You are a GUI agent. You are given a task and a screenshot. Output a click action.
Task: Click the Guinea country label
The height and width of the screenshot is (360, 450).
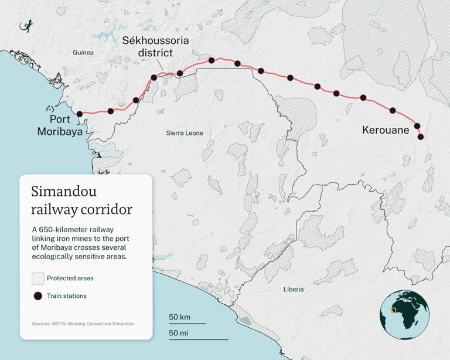83,53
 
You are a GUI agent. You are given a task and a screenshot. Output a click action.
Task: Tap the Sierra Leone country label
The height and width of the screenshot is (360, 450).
185,133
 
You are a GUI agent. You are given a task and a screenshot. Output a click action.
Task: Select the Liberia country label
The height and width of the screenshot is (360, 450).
294,289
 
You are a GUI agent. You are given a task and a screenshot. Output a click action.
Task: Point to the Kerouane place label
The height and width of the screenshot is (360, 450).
386,130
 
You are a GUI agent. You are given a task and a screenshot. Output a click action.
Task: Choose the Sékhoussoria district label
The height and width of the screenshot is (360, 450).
148,46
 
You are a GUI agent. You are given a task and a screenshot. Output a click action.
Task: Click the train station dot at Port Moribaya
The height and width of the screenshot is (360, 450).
80,114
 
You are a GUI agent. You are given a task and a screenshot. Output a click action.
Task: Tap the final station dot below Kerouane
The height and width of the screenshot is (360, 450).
421,137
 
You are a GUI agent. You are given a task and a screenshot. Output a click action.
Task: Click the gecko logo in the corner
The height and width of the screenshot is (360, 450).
26,26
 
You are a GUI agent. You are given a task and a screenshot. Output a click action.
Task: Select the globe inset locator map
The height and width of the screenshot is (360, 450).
404,314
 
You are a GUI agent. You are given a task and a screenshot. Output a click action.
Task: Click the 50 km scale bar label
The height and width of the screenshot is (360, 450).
180,317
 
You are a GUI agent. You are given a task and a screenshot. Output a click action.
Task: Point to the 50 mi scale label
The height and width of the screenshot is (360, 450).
179,333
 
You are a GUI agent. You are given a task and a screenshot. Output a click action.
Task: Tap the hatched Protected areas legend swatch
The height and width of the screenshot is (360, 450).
38,279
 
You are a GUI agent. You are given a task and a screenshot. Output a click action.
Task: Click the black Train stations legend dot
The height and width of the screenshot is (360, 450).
38,296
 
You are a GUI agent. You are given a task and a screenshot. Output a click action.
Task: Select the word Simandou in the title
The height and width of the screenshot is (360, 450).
64,192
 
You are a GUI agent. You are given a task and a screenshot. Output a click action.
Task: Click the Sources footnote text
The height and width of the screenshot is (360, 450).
83,324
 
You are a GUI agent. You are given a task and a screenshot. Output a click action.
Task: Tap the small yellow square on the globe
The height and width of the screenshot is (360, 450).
394,310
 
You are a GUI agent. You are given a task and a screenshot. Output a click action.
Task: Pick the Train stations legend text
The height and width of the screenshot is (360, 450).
67,296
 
